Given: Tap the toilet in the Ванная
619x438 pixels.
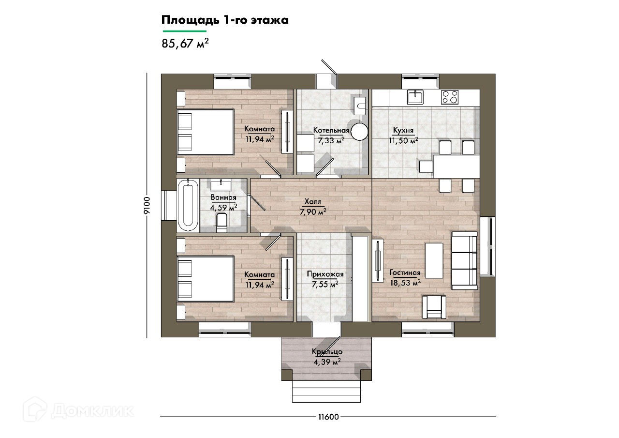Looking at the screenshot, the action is pyautogui.click(x=221, y=223).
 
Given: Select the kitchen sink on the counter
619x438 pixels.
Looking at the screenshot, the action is pyautogui.click(x=415, y=98).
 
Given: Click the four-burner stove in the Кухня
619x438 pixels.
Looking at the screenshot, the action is pyautogui.click(x=450, y=97).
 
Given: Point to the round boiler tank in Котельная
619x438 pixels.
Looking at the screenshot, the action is pyautogui.click(x=359, y=132).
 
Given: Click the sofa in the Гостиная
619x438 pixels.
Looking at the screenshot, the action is pyautogui.click(x=464, y=260).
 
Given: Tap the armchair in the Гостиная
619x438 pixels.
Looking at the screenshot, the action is pyautogui.click(x=434, y=307).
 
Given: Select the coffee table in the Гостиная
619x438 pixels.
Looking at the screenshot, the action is pyautogui.click(x=434, y=260).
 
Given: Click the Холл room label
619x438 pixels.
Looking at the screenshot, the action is pyautogui.click(x=313, y=202).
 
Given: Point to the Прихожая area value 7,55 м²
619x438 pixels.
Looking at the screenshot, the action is pyautogui.click(x=325, y=284).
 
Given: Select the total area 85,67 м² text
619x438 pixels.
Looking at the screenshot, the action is pyautogui.click(x=185, y=44).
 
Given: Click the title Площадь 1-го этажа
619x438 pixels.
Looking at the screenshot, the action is pyautogui.click(x=225, y=20).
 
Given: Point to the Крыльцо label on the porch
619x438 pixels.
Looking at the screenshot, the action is pyautogui.click(x=327, y=351).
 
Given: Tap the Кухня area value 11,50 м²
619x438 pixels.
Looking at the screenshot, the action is pyautogui.click(x=403, y=140).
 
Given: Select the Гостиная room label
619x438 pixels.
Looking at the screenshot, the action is pyautogui.click(x=405, y=272).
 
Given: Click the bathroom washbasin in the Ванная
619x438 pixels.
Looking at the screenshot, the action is pyautogui.click(x=221, y=184).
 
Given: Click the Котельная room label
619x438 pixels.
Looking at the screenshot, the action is pyautogui.click(x=331, y=130).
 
